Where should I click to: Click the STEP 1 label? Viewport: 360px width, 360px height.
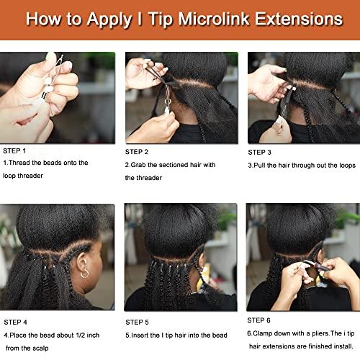(x=15, y=151)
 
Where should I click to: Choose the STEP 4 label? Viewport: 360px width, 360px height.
(x=15, y=322)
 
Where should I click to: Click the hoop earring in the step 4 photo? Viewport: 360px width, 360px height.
(x=85, y=274)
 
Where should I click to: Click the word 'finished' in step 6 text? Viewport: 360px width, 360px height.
(x=322, y=346)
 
